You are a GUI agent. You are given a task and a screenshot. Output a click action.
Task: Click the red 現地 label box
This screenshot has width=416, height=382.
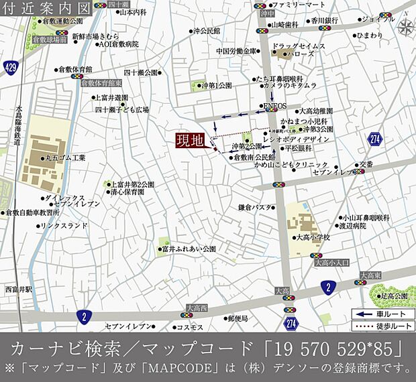[190, 141]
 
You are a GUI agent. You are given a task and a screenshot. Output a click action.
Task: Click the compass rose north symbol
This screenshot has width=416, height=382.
[406, 27]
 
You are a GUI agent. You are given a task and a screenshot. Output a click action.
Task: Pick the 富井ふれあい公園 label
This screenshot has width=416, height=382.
[188, 249]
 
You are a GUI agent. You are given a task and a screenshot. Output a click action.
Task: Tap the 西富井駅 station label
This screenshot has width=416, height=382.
[17, 289]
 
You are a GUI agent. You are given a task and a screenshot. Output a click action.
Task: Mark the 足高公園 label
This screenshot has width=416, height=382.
[393, 296]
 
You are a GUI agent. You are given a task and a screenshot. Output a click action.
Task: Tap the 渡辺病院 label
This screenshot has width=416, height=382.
[352, 226]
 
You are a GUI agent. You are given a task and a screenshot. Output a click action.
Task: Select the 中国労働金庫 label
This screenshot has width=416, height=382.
[236, 51]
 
